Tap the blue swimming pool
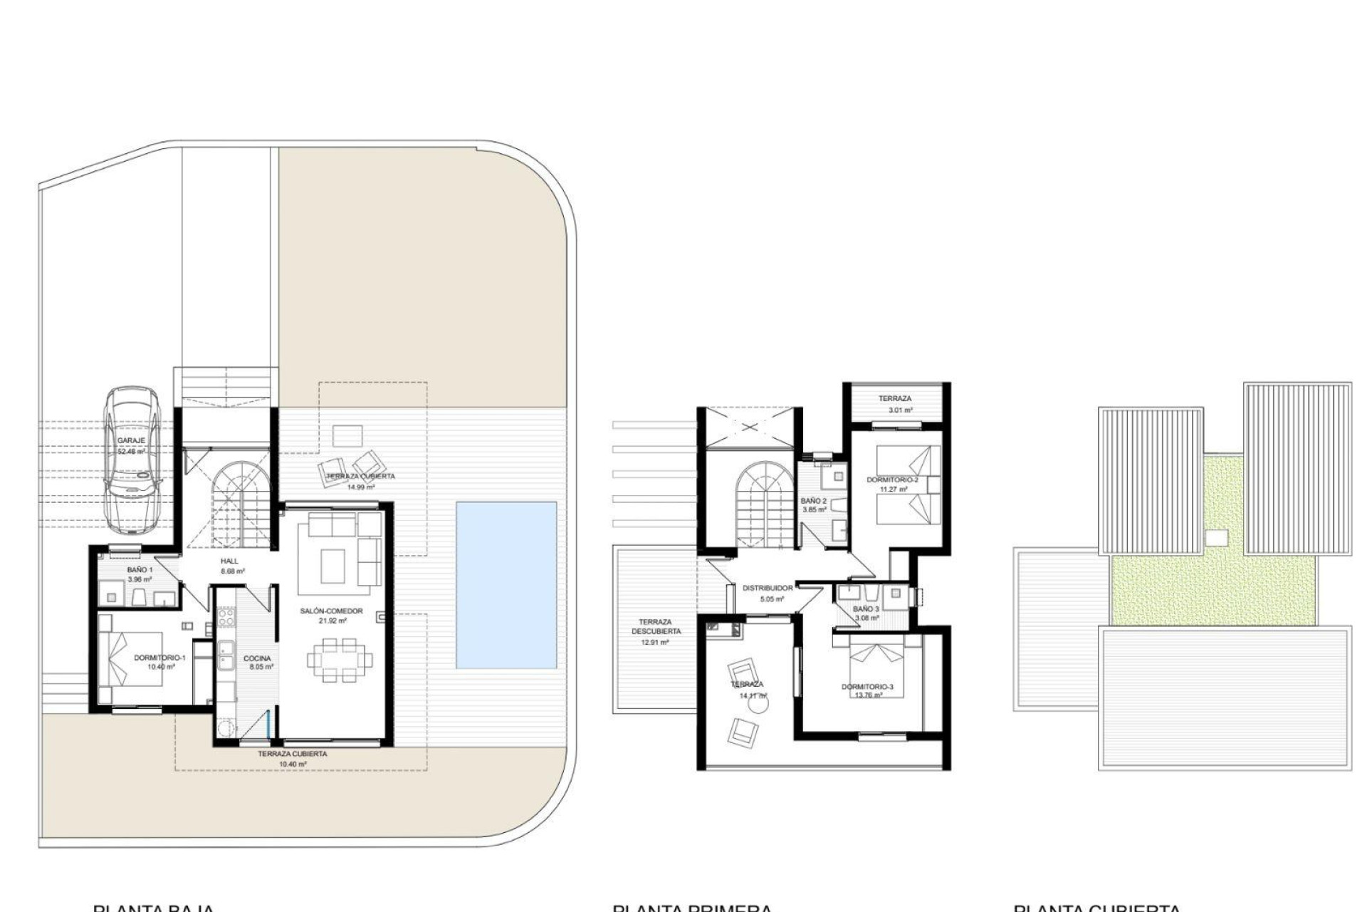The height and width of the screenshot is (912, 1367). [x=506, y=585]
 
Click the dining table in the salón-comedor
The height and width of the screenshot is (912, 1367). [x=339, y=660]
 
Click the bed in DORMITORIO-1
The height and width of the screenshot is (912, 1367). [x=135, y=660]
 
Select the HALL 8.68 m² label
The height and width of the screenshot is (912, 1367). [x=231, y=566]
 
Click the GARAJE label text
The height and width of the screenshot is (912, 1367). [x=131, y=440]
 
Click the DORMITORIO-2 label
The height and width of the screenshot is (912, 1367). [x=892, y=480]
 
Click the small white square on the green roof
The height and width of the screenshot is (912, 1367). [x=1217, y=538]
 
